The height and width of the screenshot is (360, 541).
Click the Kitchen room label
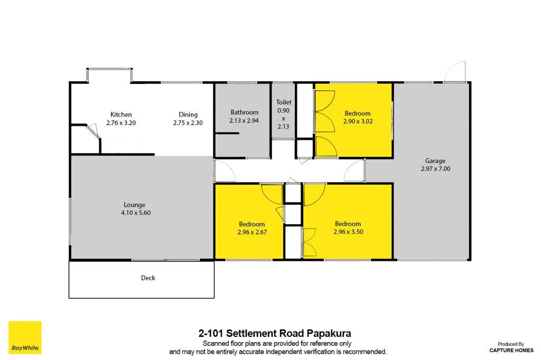[x=121, y=115]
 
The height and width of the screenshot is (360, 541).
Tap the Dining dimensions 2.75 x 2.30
[x=188, y=123]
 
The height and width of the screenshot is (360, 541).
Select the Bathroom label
[x=244, y=112]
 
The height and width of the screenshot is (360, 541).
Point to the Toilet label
[x=284, y=102]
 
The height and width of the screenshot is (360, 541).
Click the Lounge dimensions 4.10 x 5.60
[x=136, y=213]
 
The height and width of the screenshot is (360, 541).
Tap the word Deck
[x=148, y=278]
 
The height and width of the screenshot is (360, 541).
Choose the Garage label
[x=435, y=161]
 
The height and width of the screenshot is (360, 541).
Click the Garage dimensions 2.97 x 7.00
[x=435, y=169]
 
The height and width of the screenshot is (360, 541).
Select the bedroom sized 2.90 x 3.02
[x=353, y=121]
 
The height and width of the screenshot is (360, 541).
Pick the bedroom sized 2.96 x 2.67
[x=249, y=221]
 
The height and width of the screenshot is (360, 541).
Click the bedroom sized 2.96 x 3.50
[x=348, y=221]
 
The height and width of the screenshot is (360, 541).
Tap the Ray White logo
[x=25, y=338]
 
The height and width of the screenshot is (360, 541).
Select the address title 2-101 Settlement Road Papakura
[x=275, y=334]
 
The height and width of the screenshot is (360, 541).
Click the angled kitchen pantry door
[x=93, y=131]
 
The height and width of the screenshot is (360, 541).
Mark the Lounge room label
[x=135, y=205]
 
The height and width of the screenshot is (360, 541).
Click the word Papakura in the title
[x=329, y=334]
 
